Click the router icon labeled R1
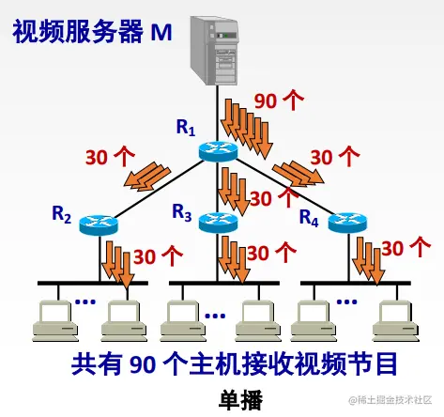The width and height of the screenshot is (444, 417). pyautogui.click(x=222, y=149)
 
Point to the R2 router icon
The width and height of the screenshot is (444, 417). pyautogui.click(x=98, y=223)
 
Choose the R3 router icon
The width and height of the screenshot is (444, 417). pyautogui.click(x=220, y=223)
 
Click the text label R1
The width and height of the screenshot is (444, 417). pyautogui.click(x=184, y=126)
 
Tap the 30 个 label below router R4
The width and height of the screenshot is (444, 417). pyautogui.click(x=406, y=249)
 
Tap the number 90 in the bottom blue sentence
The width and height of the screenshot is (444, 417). pyautogui.click(x=143, y=363)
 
